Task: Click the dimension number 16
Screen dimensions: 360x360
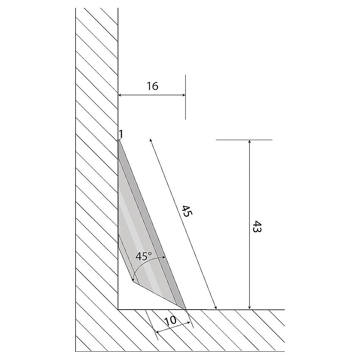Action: coord(152,86)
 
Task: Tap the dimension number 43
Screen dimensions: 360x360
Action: coord(257,226)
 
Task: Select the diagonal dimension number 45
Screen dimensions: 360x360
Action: coord(187,211)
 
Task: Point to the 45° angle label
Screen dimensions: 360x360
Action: coord(144,256)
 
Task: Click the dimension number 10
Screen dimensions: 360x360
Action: coord(170,320)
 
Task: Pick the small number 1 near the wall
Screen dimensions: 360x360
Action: coord(121,134)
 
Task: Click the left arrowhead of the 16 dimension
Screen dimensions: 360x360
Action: coord(120,95)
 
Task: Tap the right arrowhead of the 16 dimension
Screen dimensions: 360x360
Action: coord(184,95)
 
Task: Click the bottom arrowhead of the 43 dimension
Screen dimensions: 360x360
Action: coord(249,307)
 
